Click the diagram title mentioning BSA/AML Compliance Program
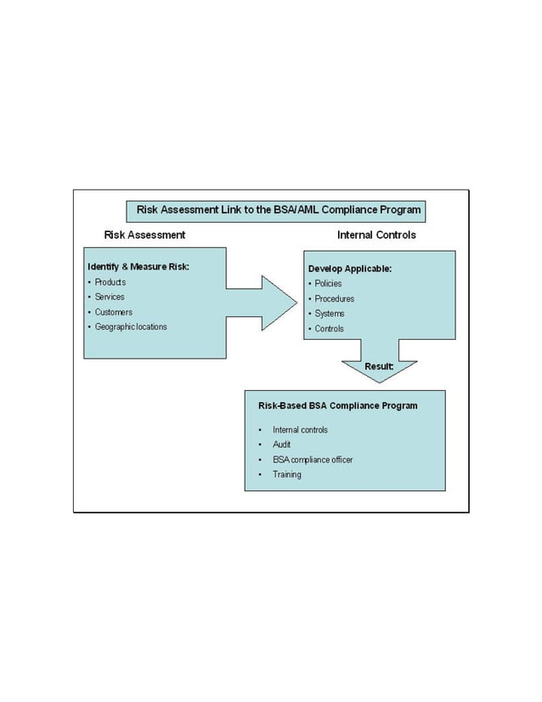pos(279,210)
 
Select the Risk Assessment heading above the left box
pos(144,235)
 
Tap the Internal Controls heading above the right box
pos(376,235)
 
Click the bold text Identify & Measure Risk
pos(138,267)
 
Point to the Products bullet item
pos(110,282)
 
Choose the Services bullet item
pos(110,297)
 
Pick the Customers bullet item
pos(113,312)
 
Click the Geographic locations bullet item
pos(131,327)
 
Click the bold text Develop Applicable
pos(350,269)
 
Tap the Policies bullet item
pos(328,284)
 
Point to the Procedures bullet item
pos(334,299)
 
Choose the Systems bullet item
pos(329,314)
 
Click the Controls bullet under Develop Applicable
pos(329,329)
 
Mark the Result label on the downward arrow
pos(378,366)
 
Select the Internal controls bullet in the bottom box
pos(300,430)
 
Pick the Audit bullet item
pos(282,444)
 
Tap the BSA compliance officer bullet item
pos(313,460)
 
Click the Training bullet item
pos(287,474)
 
